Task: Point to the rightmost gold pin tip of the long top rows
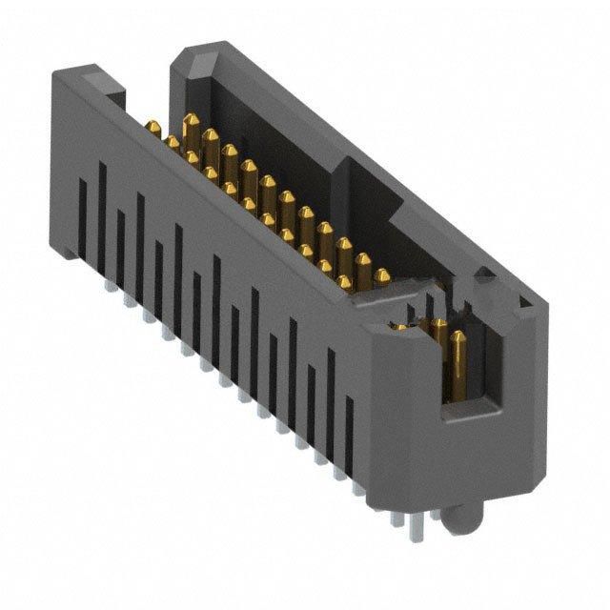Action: pyautogui.click(x=382, y=276)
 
